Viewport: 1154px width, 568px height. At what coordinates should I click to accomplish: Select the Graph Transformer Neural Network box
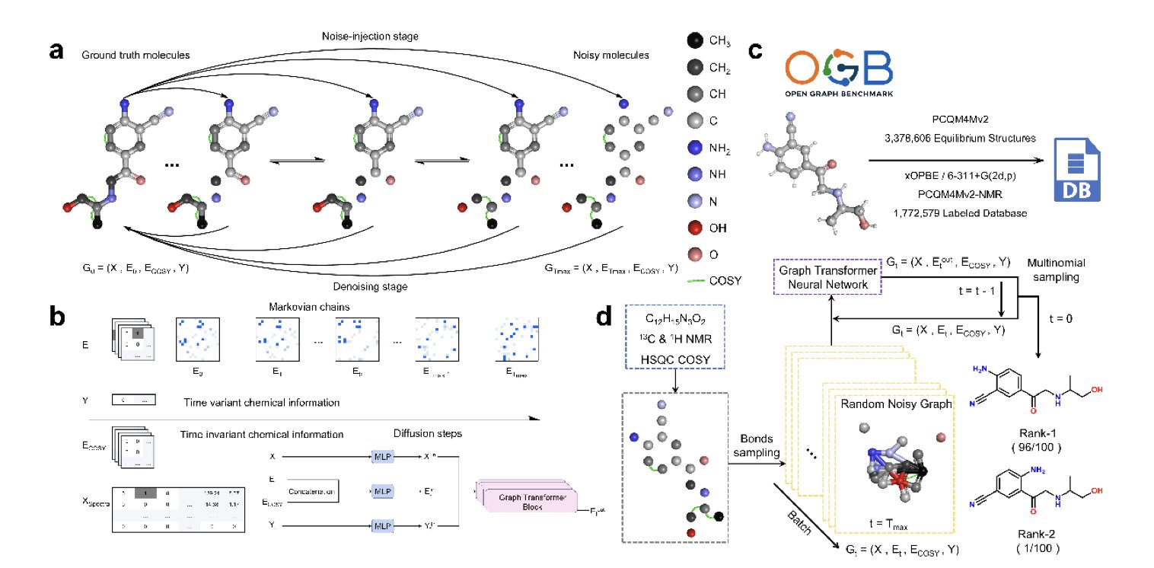click(827, 276)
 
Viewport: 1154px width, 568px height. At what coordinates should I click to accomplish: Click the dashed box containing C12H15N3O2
click(674, 338)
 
